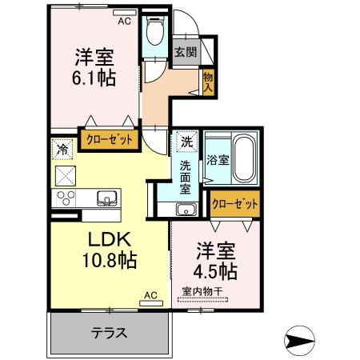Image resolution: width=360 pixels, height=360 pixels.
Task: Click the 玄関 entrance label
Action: click(x=185, y=52)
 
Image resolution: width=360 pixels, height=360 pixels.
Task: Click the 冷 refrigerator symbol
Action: click(x=63, y=148)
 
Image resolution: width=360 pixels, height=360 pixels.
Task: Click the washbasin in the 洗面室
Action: click(x=186, y=210)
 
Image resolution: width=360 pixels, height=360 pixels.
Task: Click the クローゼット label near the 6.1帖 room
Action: click(x=109, y=138)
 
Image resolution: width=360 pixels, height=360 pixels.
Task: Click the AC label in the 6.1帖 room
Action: click(x=124, y=22)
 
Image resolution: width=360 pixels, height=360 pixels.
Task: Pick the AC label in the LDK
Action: click(x=150, y=295)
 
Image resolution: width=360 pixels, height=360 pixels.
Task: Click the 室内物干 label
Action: click(x=202, y=290)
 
